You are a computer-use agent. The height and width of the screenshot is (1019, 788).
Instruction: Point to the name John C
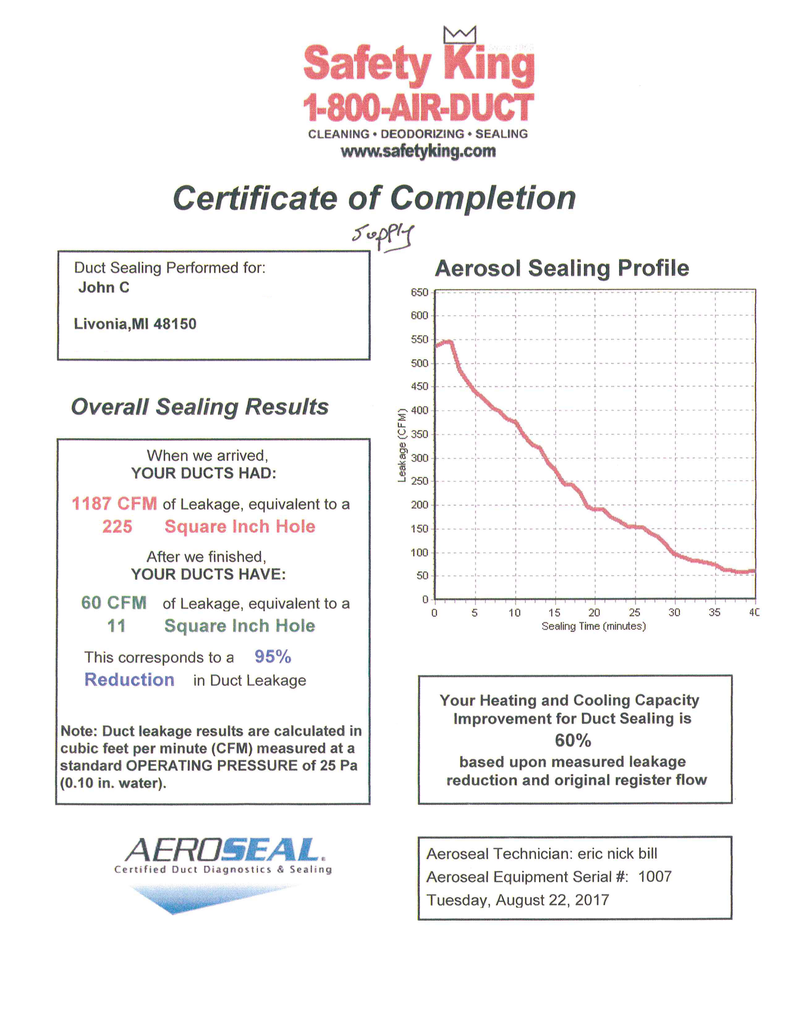pos(104,287)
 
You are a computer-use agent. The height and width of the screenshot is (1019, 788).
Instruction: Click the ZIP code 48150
pos(175,324)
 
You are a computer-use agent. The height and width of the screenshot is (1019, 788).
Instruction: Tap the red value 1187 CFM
pos(114,504)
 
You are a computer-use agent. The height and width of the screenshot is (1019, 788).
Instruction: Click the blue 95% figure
pos(273,657)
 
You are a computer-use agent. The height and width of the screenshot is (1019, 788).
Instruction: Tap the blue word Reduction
pos(129,680)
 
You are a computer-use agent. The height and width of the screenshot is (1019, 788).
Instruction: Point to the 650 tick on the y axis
pos(419,292)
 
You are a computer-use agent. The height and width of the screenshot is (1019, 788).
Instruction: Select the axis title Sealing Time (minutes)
pos(593,626)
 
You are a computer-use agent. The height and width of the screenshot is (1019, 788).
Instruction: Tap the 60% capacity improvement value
pos(573,740)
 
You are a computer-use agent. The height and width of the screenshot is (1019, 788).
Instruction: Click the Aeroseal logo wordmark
pos(223,850)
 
